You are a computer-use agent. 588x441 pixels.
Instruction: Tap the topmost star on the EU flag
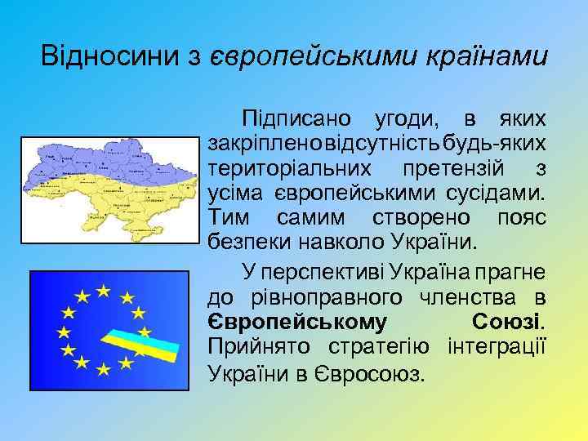point(104,290)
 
